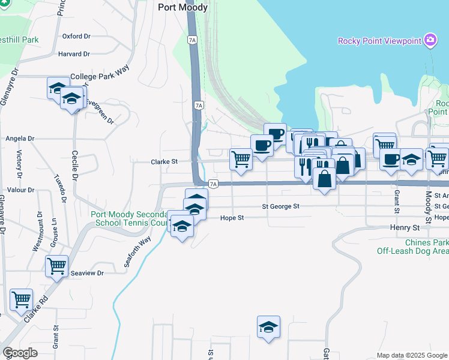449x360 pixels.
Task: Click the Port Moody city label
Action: point(182,8)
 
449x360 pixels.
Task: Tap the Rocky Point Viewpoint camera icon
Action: point(430,40)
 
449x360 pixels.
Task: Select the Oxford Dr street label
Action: point(76,37)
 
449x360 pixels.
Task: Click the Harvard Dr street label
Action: point(74,54)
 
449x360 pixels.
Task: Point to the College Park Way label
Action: point(100,77)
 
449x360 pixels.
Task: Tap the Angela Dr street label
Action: point(20,139)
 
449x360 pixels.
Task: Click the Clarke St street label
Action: point(164,162)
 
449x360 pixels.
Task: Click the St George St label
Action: point(280,206)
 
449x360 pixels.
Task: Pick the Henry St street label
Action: point(405,228)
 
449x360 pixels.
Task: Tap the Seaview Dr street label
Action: point(88,273)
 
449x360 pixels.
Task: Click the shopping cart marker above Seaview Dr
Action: point(57,265)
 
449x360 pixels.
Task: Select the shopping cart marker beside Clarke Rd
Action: point(22,299)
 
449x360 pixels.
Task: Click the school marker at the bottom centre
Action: point(269,326)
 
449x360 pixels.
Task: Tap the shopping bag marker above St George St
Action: point(324,178)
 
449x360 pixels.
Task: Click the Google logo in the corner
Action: point(20,353)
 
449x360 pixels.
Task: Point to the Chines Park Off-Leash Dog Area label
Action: point(412,247)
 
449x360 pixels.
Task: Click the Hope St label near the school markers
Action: point(232,218)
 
